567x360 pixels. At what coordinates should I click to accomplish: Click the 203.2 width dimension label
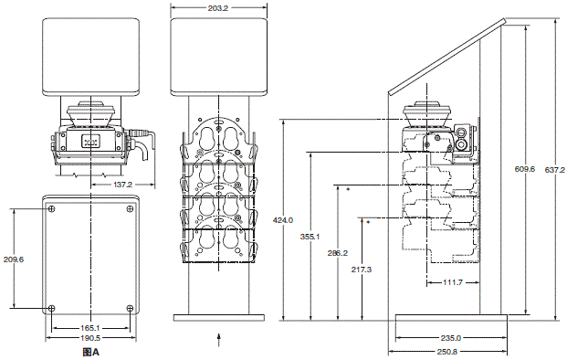[x=218, y=8]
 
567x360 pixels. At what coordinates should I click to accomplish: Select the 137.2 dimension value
[x=123, y=185]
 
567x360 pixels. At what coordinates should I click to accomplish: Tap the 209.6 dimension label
[x=14, y=259]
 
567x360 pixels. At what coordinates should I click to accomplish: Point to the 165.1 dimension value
[x=90, y=328]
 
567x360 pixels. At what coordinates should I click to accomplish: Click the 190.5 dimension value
[x=90, y=338]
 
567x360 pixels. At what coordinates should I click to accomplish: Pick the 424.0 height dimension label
[x=283, y=220]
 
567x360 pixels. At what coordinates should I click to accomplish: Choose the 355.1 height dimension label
[x=310, y=237]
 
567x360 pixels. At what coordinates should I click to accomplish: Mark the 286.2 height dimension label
[x=338, y=253]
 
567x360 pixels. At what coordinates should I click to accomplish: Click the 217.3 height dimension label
[x=362, y=270]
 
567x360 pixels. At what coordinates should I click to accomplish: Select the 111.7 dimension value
[x=453, y=282]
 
